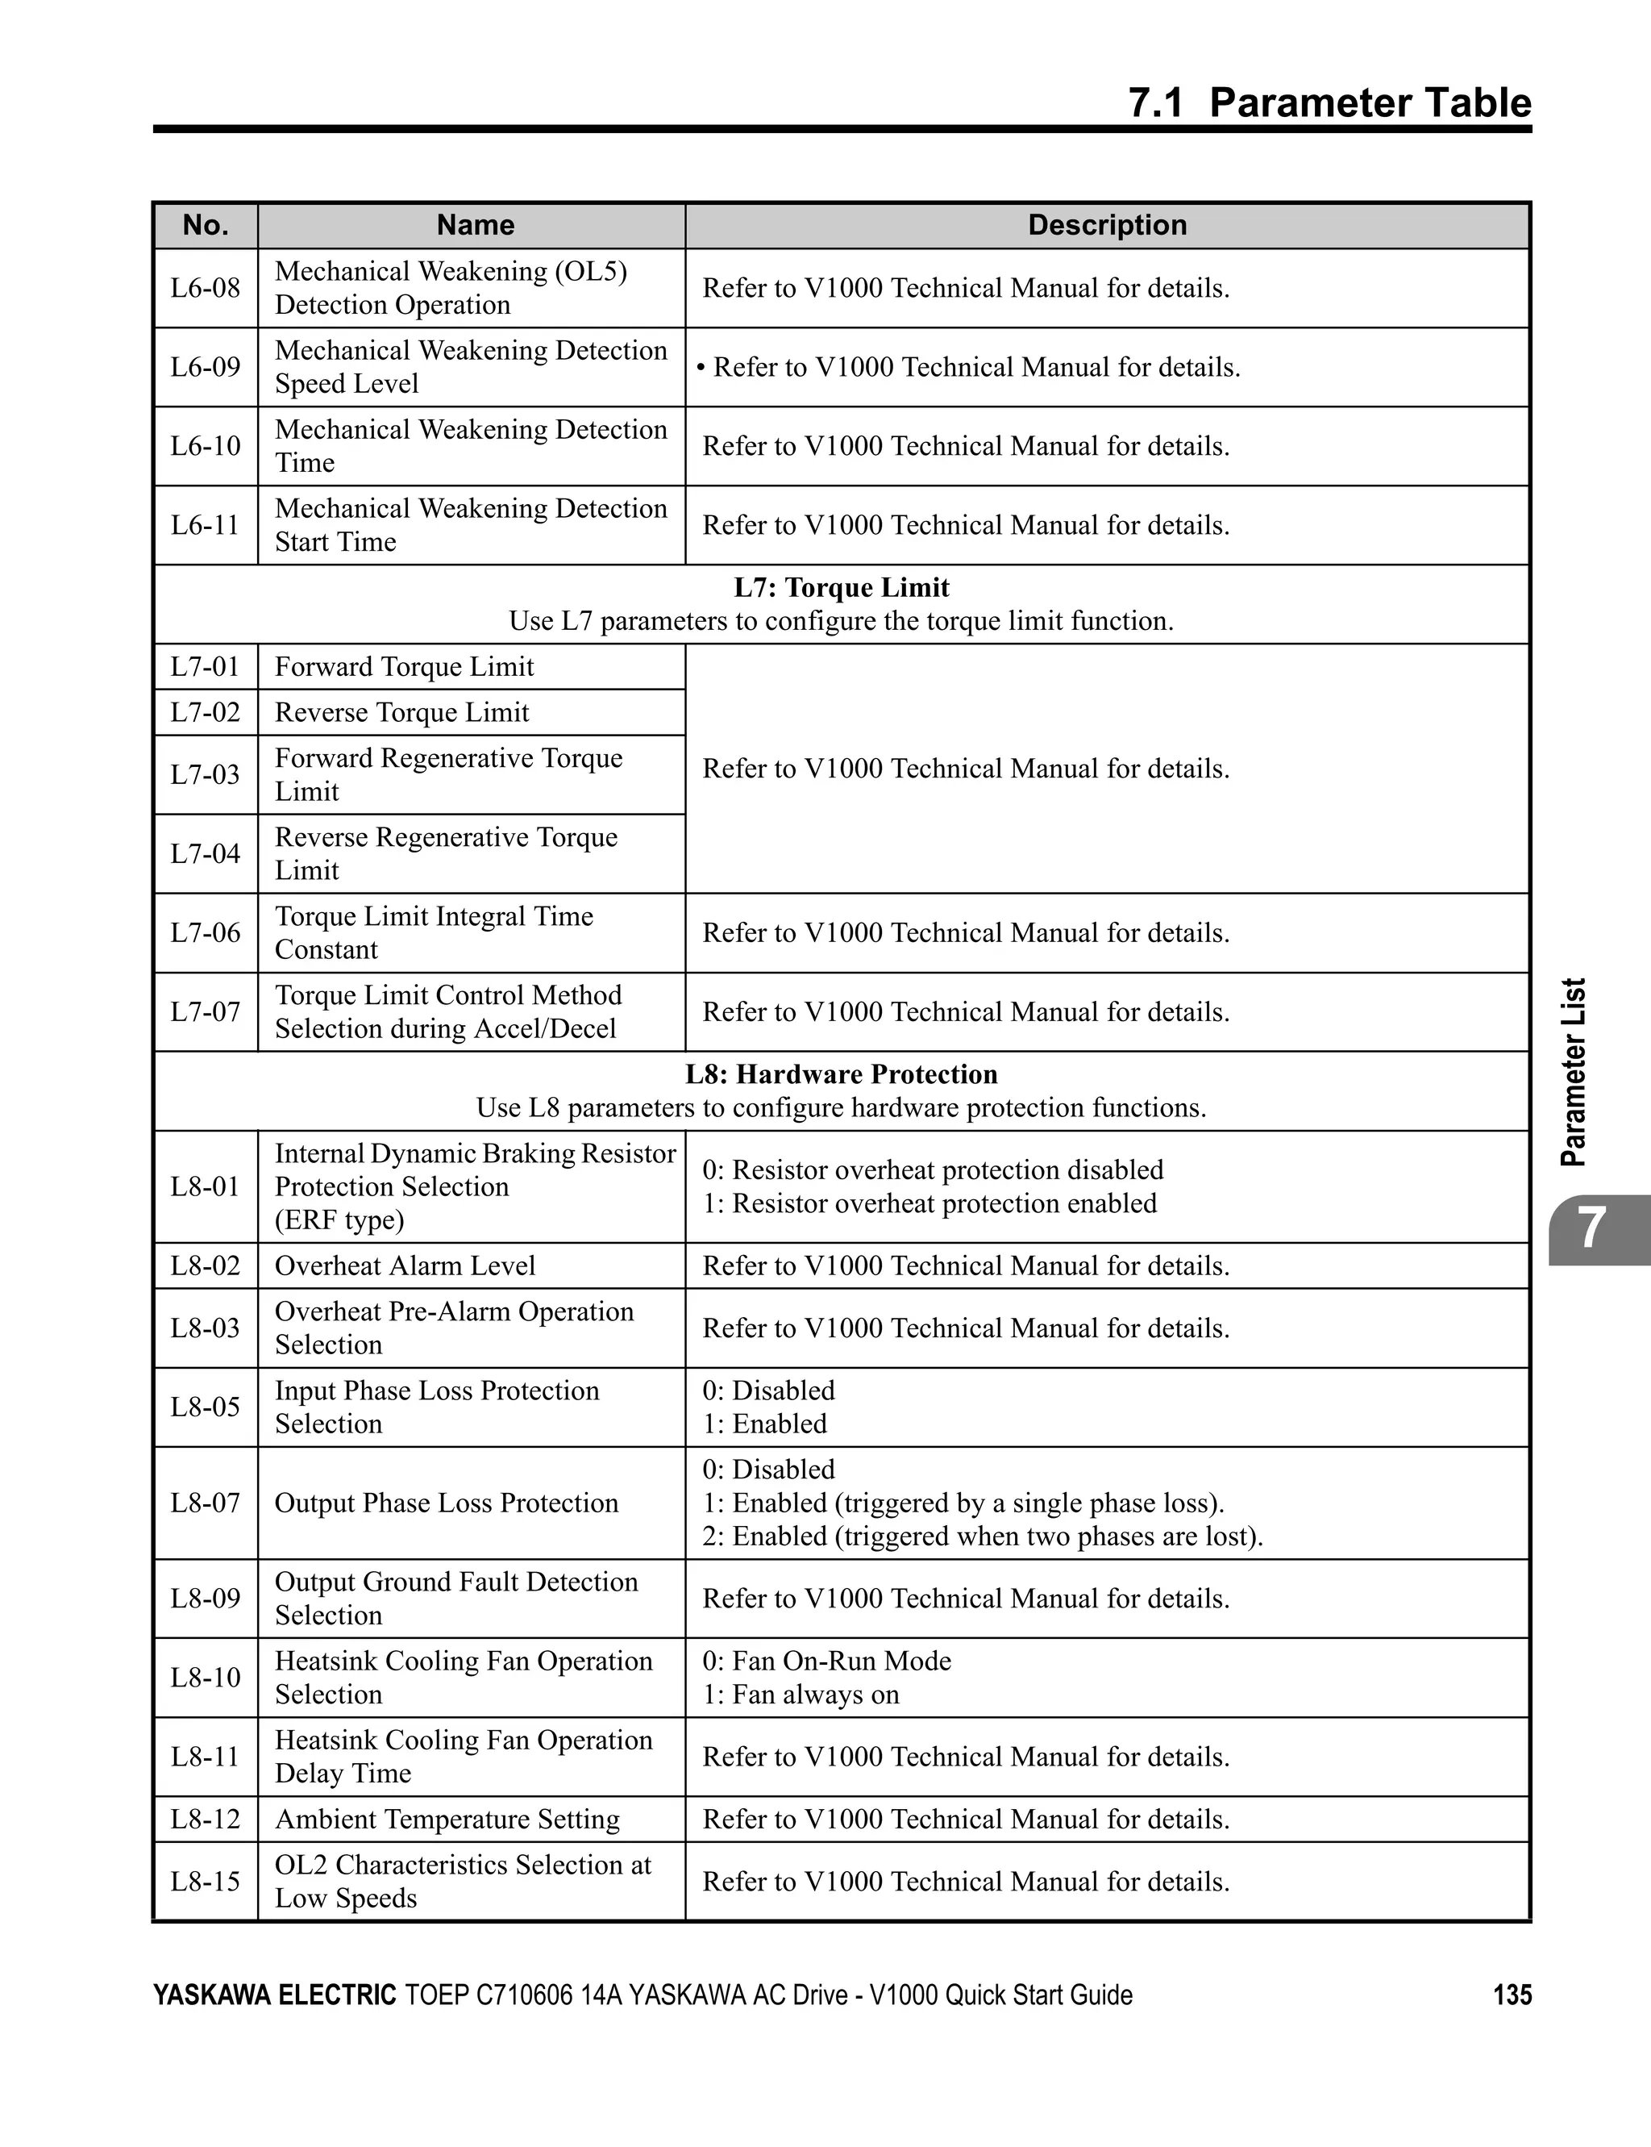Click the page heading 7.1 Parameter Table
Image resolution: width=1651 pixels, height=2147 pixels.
tap(1329, 103)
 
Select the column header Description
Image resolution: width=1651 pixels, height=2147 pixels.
tap(1107, 225)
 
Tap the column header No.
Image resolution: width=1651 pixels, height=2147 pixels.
tap(206, 225)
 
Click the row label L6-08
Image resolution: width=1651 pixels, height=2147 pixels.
tap(206, 288)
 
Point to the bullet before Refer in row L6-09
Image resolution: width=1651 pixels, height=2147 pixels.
tap(701, 368)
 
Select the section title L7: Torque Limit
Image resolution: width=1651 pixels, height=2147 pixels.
tap(842, 588)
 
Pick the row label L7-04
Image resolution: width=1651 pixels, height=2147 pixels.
tap(206, 853)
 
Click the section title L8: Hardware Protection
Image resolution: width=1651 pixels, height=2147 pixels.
tap(842, 1074)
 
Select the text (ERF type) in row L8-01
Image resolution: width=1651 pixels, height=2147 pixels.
tap(339, 1220)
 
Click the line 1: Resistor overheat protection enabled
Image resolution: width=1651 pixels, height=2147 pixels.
tap(929, 1203)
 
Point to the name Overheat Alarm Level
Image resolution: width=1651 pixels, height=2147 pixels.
tap(405, 1266)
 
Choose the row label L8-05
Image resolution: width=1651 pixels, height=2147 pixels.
tap(206, 1407)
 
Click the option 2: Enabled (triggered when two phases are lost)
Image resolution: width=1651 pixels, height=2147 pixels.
tap(982, 1536)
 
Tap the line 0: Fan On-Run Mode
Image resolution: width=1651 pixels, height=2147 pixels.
tap(826, 1661)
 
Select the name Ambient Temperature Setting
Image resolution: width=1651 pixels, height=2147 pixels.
tap(447, 1820)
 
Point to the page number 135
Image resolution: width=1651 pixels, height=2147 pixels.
tap(1512, 1995)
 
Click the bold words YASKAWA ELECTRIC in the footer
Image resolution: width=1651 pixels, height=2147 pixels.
tap(274, 1995)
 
